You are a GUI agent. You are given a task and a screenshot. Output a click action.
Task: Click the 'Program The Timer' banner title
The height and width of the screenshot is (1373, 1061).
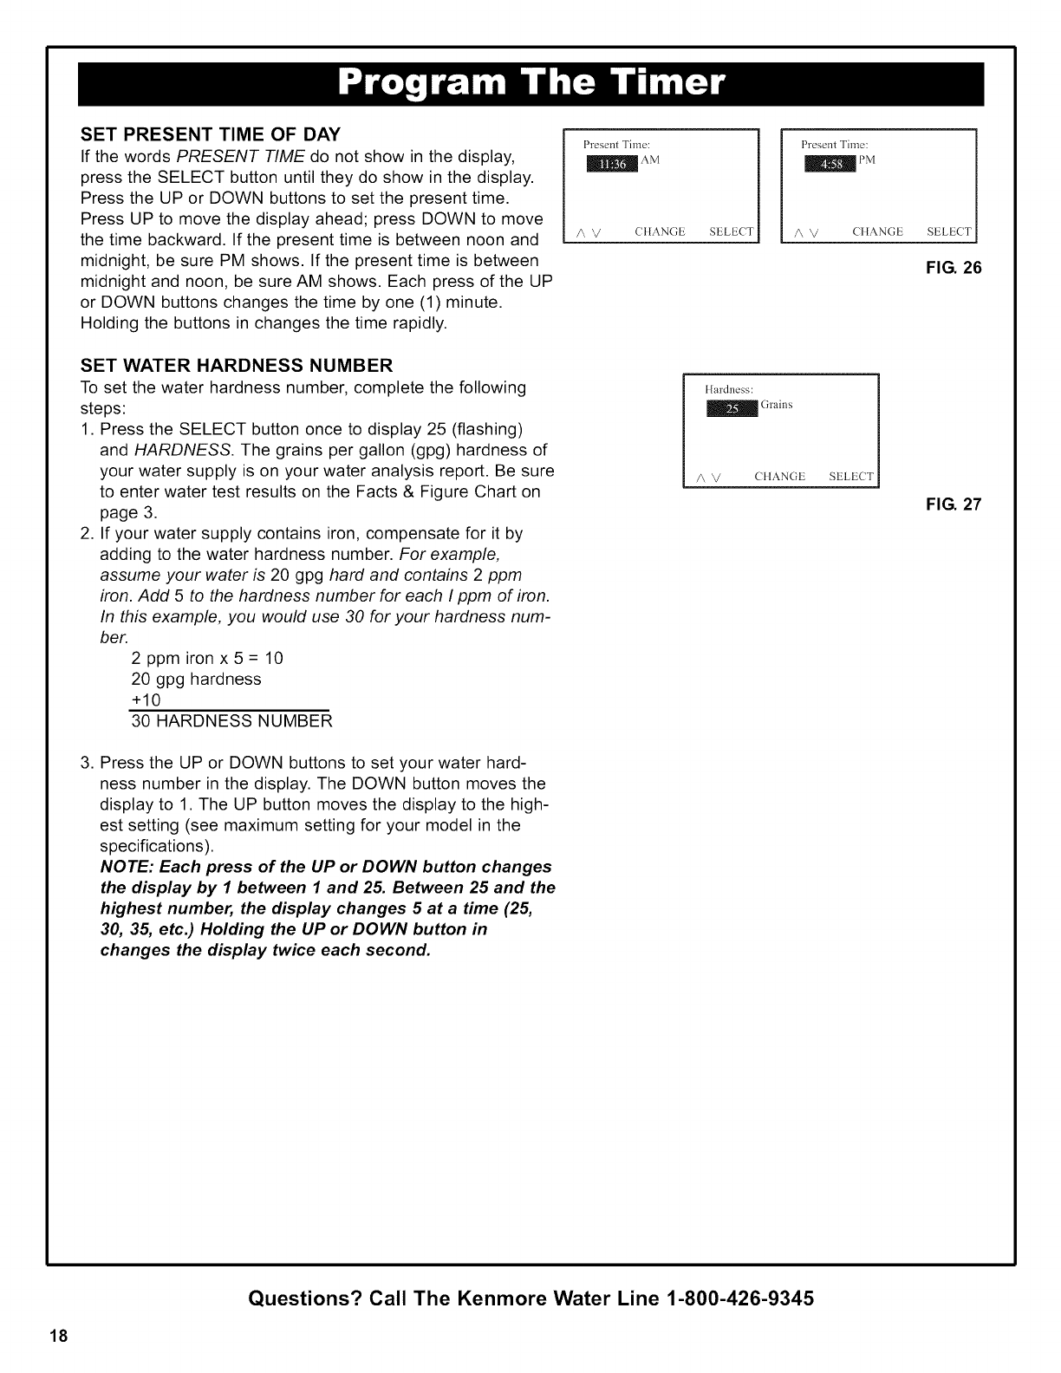pos(530,83)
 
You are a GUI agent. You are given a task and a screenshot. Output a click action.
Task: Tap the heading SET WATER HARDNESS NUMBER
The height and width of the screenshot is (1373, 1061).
pos(237,364)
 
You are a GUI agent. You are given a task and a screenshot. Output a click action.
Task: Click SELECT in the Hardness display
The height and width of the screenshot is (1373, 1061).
pos(851,477)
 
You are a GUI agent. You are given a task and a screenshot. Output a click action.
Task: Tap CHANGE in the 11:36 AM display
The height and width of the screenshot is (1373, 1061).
pos(660,231)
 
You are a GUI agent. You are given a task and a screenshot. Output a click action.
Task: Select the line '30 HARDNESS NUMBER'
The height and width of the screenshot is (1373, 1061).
pos(231,720)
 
